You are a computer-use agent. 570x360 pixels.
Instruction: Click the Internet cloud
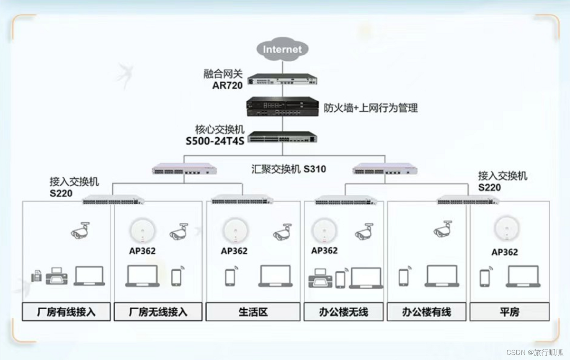point(282,49)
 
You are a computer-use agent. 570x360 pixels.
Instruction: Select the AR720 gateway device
point(282,80)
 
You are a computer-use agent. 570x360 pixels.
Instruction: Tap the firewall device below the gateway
point(282,106)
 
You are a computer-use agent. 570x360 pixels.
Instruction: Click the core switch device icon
point(282,137)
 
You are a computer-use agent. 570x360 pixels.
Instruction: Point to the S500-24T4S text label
point(215,141)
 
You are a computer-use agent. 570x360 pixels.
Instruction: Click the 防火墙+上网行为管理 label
point(371,108)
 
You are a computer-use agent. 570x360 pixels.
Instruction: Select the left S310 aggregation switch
point(184,170)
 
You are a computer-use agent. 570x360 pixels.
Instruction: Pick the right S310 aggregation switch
point(385,170)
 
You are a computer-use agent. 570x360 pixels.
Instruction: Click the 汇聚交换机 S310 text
point(289,169)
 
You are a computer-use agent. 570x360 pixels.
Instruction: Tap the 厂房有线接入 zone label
point(66,312)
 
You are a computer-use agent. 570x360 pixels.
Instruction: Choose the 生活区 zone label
point(253,312)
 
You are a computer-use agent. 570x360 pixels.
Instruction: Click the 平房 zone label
point(509,312)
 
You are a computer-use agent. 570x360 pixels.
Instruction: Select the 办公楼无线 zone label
point(343,312)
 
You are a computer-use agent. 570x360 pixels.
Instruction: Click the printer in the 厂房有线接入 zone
point(57,276)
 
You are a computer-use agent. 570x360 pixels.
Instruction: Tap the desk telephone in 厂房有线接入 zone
point(37,276)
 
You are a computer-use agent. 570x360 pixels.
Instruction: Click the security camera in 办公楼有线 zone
point(443,229)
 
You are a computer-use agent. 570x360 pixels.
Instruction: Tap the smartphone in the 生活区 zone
point(230,277)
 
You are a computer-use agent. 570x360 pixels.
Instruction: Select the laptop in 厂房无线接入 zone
point(142,276)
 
